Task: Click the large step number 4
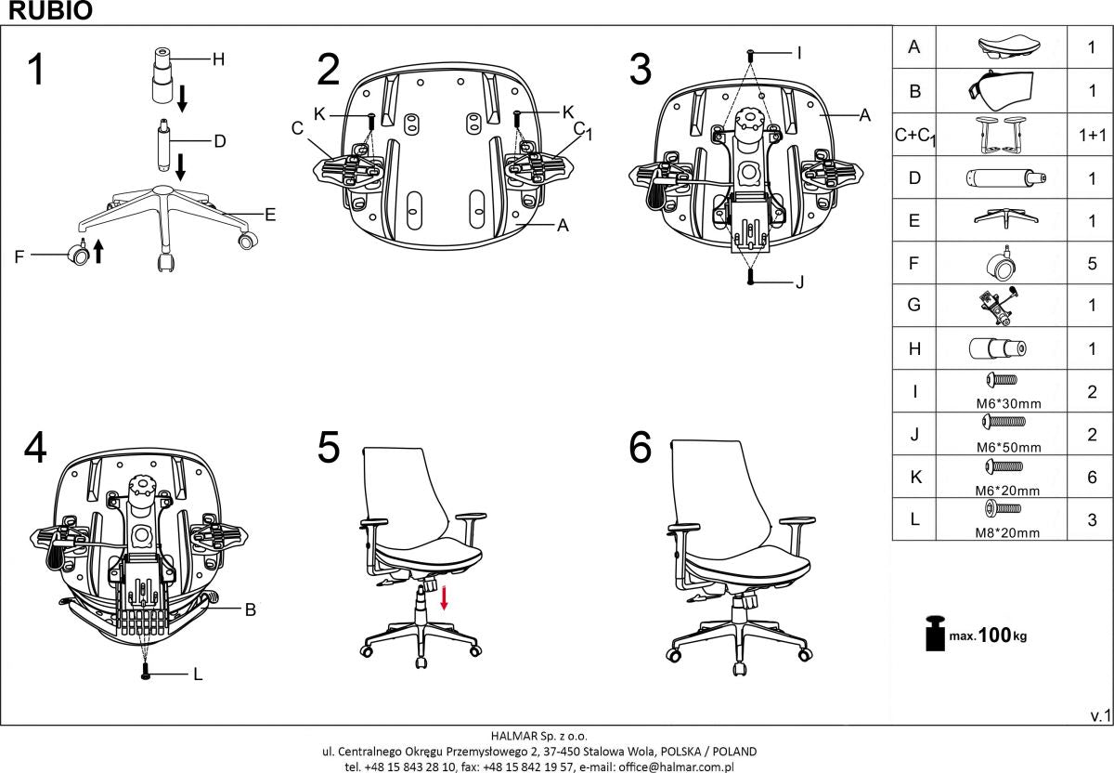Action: click(x=35, y=448)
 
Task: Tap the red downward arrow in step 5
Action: click(x=444, y=596)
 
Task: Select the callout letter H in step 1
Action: click(x=218, y=59)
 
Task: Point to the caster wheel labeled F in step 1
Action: click(x=79, y=255)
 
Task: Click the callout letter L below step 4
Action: click(x=198, y=675)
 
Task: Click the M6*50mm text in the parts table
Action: click(x=1011, y=447)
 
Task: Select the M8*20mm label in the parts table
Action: click(x=1011, y=532)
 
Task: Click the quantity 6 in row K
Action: click(x=1092, y=477)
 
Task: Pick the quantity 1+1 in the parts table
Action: click(x=1092, y=136)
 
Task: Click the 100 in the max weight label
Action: click(x=993, y=635)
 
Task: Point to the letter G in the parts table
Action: click(x=914, y=305)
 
